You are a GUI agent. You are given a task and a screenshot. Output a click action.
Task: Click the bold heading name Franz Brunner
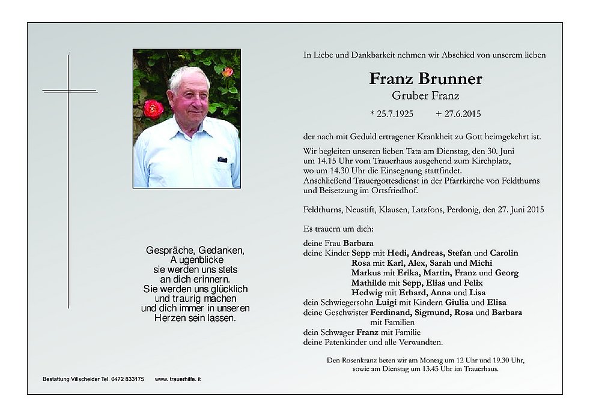click(x=425, y=79)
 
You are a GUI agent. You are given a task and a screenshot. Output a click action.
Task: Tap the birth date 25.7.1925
click(x=392, y=113)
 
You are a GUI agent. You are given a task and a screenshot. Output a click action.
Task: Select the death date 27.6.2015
click(x=459, y=113)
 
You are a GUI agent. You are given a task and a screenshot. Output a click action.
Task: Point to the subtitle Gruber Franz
click(x=425, y=95)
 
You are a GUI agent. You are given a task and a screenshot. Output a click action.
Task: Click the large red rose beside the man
click(x=153, y=109)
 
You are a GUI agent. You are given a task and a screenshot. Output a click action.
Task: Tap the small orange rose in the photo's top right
click(x=228, y=72)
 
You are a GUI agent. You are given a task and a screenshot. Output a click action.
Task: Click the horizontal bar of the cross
click(x=70, y=91)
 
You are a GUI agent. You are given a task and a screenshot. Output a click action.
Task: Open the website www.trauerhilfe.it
click(x=178, y=379)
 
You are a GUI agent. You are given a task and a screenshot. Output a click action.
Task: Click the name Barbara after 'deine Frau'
click(x=358, y=244)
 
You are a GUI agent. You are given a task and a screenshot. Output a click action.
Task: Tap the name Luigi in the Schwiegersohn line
click(x=385, y=302)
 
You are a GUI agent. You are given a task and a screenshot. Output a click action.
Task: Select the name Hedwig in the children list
click(x=367, y=292)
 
